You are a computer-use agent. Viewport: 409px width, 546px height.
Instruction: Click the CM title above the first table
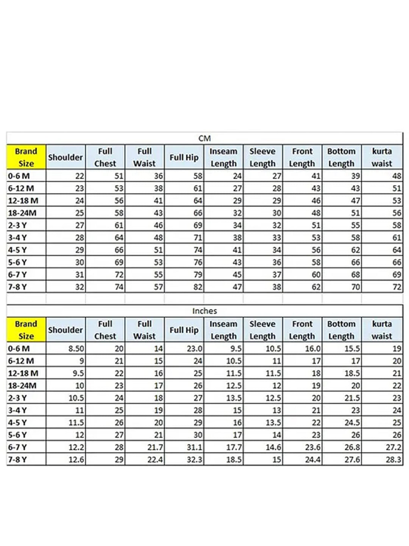[204, 138]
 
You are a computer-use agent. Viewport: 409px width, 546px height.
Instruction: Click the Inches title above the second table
[204, 311]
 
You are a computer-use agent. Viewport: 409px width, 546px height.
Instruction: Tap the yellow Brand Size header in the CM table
[26, 157]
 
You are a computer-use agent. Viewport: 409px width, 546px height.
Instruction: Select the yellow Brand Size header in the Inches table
[26, 330]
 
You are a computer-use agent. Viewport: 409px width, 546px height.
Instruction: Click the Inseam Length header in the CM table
[223, 157]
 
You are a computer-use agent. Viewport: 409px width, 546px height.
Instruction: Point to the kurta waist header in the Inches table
[382, 330]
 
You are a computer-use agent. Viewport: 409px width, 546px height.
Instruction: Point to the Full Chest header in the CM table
[105, 157]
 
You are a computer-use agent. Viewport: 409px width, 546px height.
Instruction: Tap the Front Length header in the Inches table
[302, 330]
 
